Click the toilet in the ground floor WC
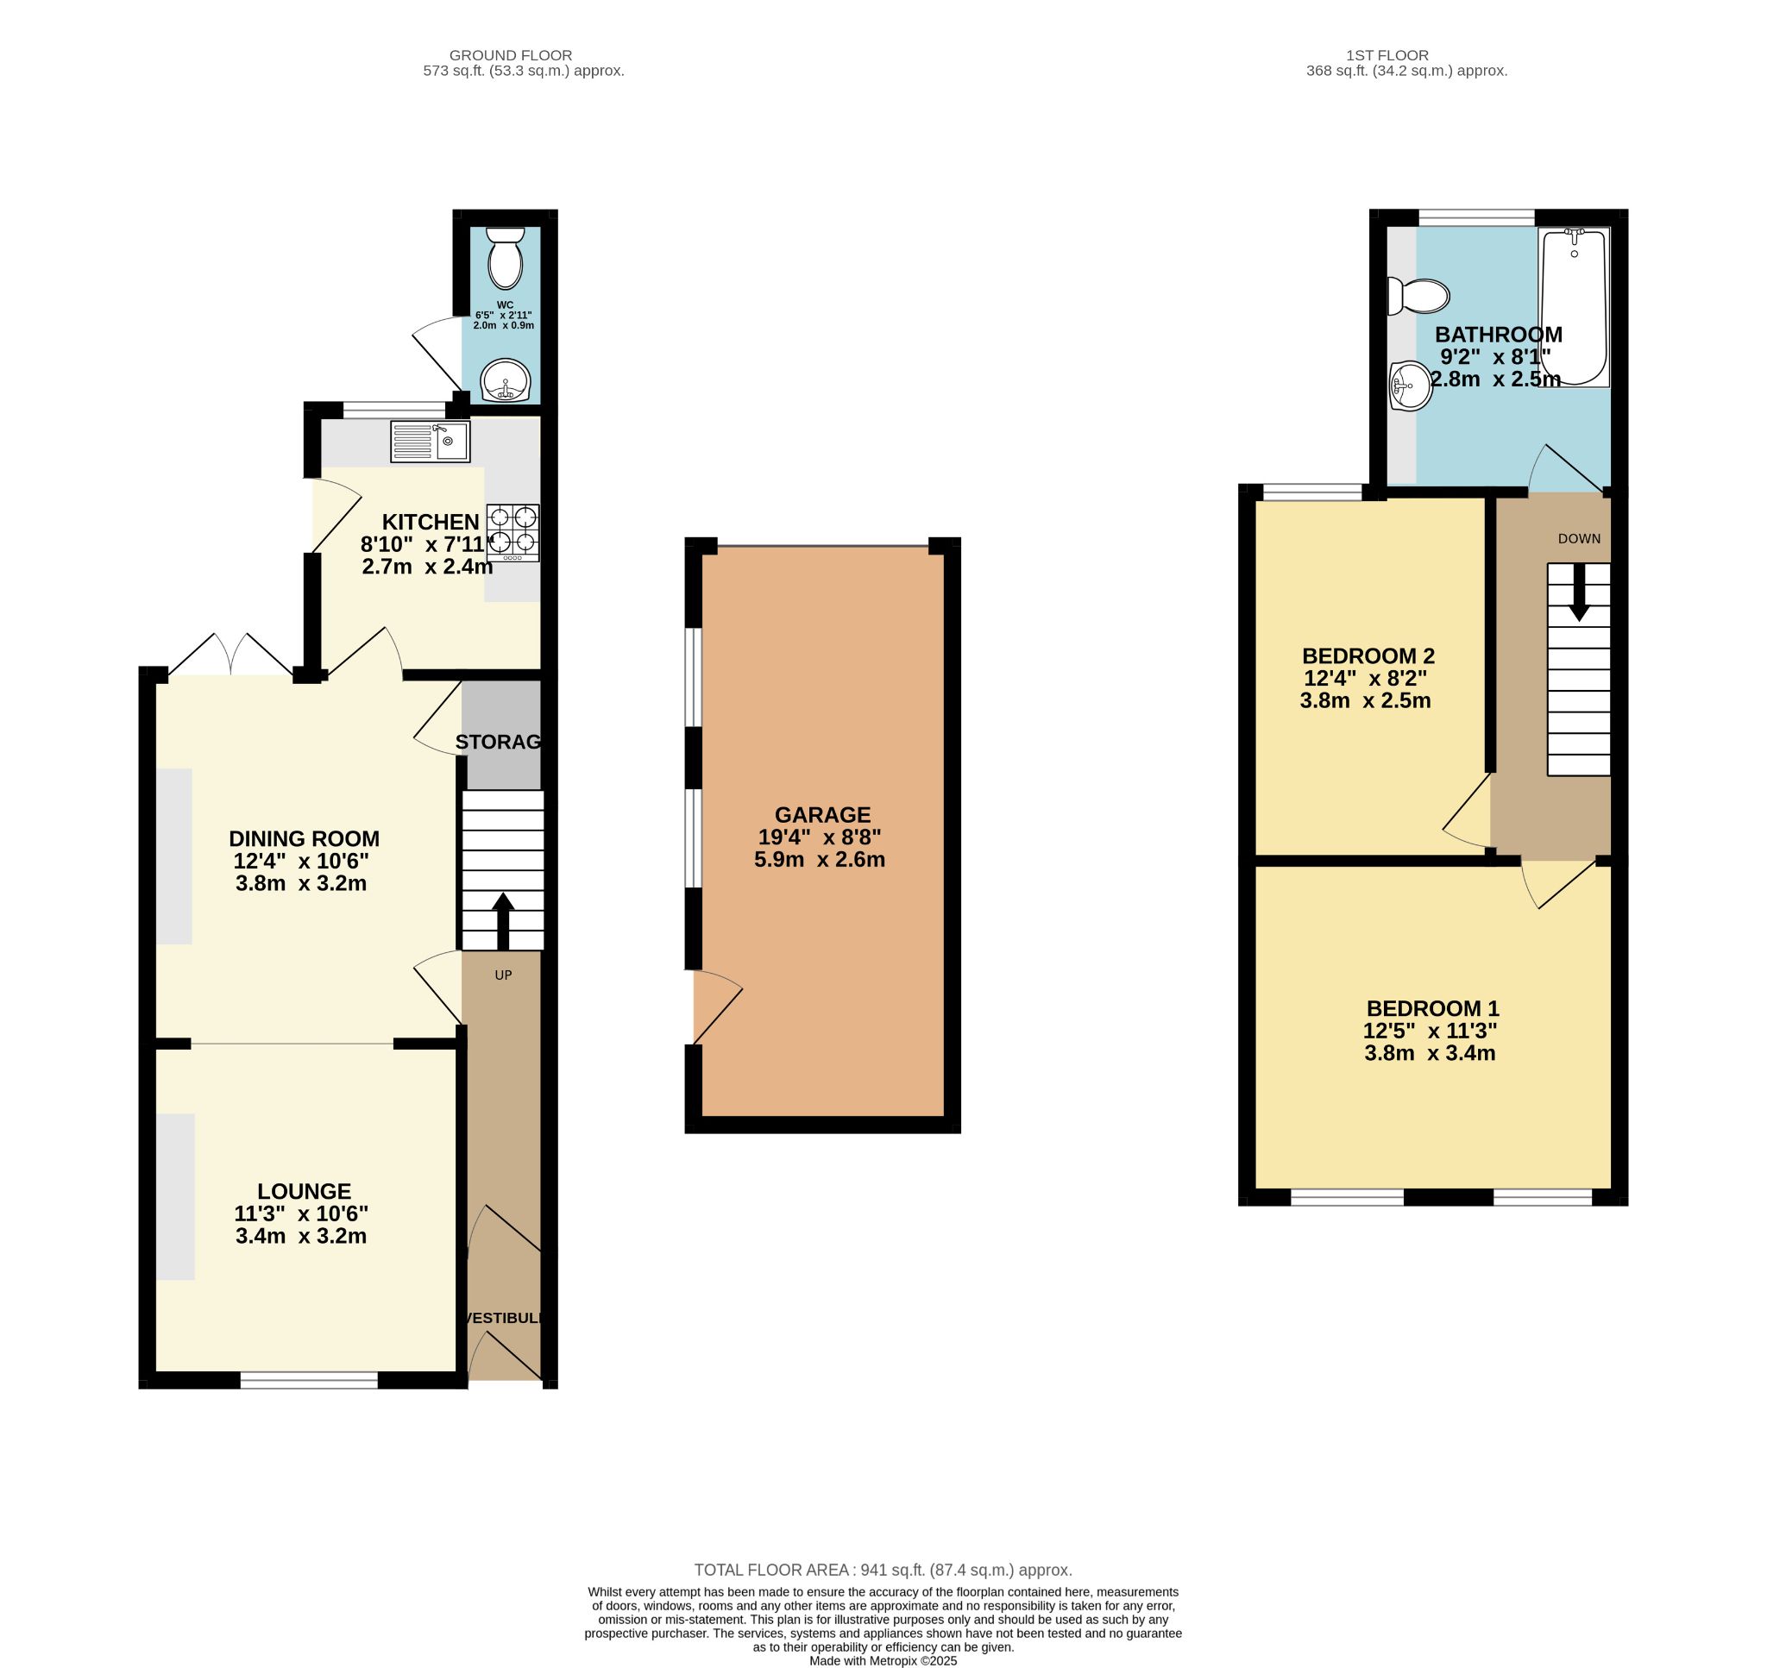point(505,258)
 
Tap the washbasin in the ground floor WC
point(505,381)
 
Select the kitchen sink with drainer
point(430,442)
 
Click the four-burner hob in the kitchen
point(512,531)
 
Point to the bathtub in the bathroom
point(1574,307)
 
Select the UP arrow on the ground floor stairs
point(502,920)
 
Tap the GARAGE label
point(821,814)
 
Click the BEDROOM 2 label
point(1368,656)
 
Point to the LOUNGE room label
point(304,1191)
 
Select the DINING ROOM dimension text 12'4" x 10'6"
point(300,861)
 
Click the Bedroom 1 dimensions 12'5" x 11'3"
point(1430,1031)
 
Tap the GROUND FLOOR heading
point(511,55)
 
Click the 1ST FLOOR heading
point(1405,55)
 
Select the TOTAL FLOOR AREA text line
point(882,1571)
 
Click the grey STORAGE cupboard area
point(502,738)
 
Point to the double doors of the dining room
point(231,656)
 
